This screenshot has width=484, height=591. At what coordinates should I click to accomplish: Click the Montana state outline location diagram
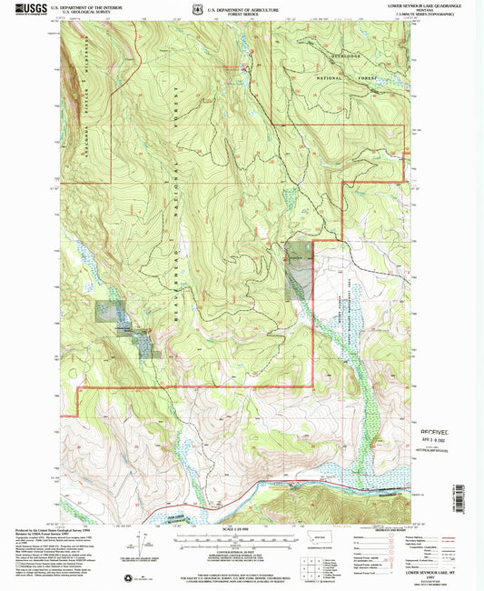click(x=319, y=540)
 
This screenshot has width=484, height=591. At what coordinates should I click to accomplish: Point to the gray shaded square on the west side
click(x=106, y=312)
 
